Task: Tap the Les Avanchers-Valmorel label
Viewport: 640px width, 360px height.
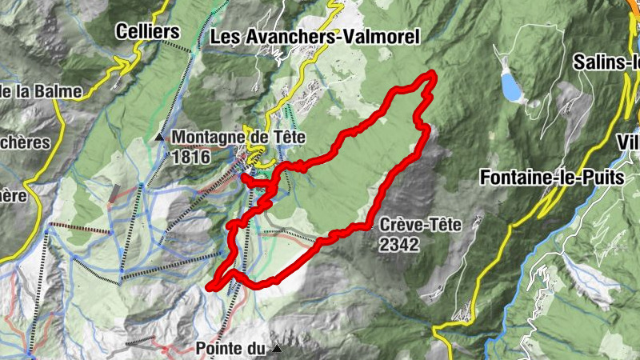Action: pos(314,36)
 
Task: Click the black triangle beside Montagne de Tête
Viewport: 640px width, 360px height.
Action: pos(161,138)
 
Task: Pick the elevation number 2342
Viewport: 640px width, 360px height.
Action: pos(400,245)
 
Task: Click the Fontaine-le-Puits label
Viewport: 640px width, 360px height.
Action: pos(552,178)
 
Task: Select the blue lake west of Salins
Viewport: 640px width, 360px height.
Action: pos(510,85)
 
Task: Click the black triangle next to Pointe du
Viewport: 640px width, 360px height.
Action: pos(277,348)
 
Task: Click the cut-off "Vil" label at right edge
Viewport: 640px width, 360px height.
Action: pos(629,142)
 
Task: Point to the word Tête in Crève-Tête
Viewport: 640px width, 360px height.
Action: pos(443,226)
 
